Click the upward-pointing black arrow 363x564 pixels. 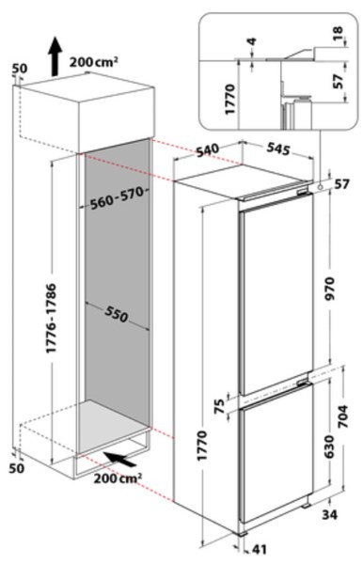click(55, 56)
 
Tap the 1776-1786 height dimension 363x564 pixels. click(52, 318)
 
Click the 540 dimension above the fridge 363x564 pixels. click(208, 150)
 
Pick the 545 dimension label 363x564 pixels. click(278, 149)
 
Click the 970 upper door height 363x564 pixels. click(329, 290)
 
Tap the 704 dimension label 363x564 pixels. click(343, 416)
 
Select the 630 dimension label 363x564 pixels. click(329, 446)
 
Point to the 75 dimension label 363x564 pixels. click(219, 406)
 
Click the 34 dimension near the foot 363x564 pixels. click(329, 515)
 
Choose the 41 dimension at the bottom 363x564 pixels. click(260, 549)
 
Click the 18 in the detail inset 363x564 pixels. click(338, 34)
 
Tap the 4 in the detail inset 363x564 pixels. click(252, 41)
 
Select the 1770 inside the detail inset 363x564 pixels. click(229, 100)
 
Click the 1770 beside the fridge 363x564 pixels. click(202, 446)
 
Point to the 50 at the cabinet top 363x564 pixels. click(20, 69)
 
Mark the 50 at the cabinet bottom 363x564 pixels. click(17, 468)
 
